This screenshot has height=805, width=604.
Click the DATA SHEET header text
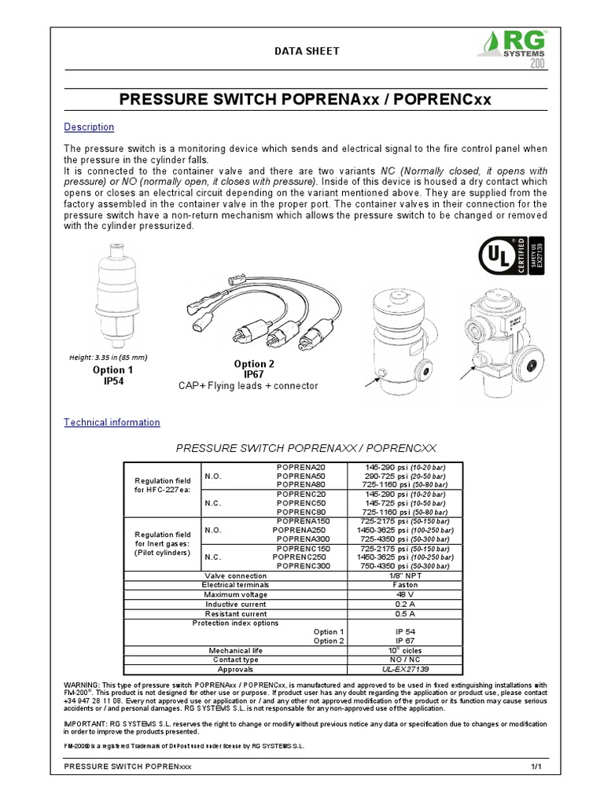point(306,51)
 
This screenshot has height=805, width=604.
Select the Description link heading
point(88,127)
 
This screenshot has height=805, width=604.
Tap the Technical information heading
point(111,422)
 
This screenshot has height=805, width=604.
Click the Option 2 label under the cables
point(255,364)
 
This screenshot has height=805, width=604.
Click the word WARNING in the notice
point(79,686)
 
